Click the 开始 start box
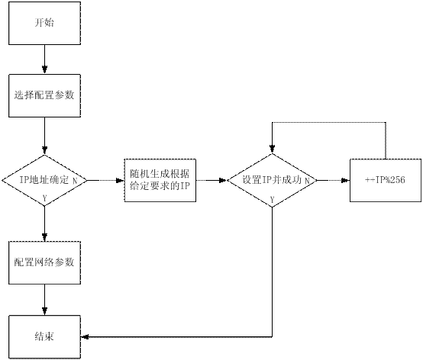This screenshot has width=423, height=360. pos(44,23)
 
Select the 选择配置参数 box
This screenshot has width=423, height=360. pos(44,95)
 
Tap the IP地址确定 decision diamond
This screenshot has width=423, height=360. pos(44,180)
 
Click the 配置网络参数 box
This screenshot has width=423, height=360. pos(44,262)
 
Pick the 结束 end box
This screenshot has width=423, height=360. pos(44,337)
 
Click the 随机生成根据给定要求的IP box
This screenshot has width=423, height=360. pos(160,180)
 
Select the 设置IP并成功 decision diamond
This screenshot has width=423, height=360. pos(272,180)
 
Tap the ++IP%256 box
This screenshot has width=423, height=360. pos(386,180)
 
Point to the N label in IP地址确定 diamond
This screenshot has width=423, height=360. pos(75,181)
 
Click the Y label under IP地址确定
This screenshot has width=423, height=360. pos(45,198)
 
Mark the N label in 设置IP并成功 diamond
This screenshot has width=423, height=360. pos(307,181)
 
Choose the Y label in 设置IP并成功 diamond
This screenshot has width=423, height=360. pos(272,200)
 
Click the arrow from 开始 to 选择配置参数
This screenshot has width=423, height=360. pos(44,59)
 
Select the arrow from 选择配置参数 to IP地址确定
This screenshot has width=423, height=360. pos(44,136)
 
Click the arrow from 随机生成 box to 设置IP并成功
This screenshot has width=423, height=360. pos(211,180)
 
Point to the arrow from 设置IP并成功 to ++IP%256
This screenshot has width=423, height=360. pos(334,180)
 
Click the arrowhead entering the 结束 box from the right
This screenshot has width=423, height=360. pos(85,337)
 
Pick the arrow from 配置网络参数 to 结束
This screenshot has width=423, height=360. pos(44,300)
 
